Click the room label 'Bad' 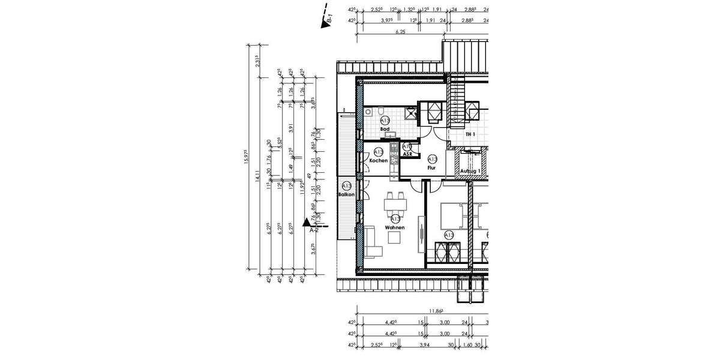pyautogui.click(x=385, y=129)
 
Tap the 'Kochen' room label pyautogui.click(x=377, y=161)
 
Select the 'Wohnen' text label pyautogui.click(x=395, y=227)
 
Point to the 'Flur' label pyautogui.click(x=431, y=168)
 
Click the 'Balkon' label pyautogui.click(x=346, y=196)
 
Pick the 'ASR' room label pyautogui.click(x=407, y=154)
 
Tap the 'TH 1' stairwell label pyautogui.click(x=470, y=134)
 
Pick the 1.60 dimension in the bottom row pyautogui.click(x=466, y=346)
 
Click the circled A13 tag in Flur pyautogui.click(x=432, y=159)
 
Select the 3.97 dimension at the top pyautogui.click(x=387, y=20)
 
